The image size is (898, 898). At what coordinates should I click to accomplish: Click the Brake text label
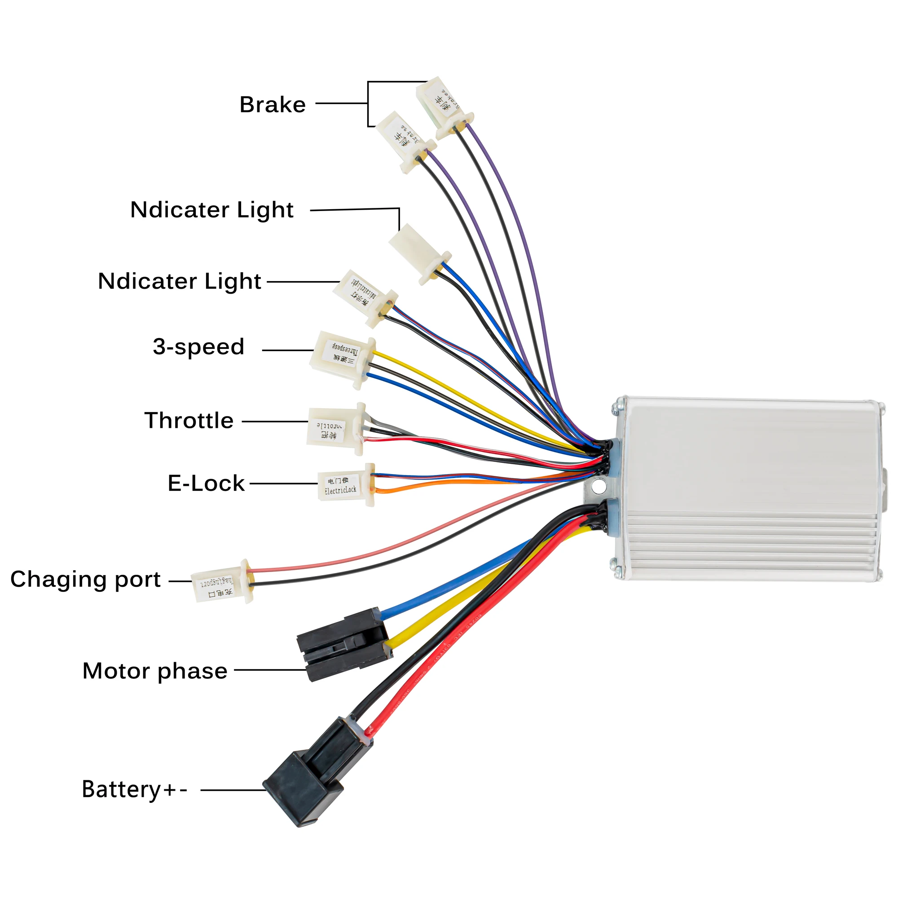(x=273, y=105)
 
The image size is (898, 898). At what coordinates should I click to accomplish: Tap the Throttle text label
(x=189, y=421)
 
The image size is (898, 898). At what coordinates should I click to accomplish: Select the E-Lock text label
(x=206, y=484)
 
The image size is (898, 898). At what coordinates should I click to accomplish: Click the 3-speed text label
(x=198, y=347)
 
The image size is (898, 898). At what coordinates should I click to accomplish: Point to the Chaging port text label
(x=85, y=580)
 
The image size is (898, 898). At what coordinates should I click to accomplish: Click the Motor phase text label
(x=155, y=671)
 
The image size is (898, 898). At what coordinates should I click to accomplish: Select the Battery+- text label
(x=134, y=790)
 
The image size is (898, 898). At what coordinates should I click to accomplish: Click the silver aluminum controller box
(x=748, y=488)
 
